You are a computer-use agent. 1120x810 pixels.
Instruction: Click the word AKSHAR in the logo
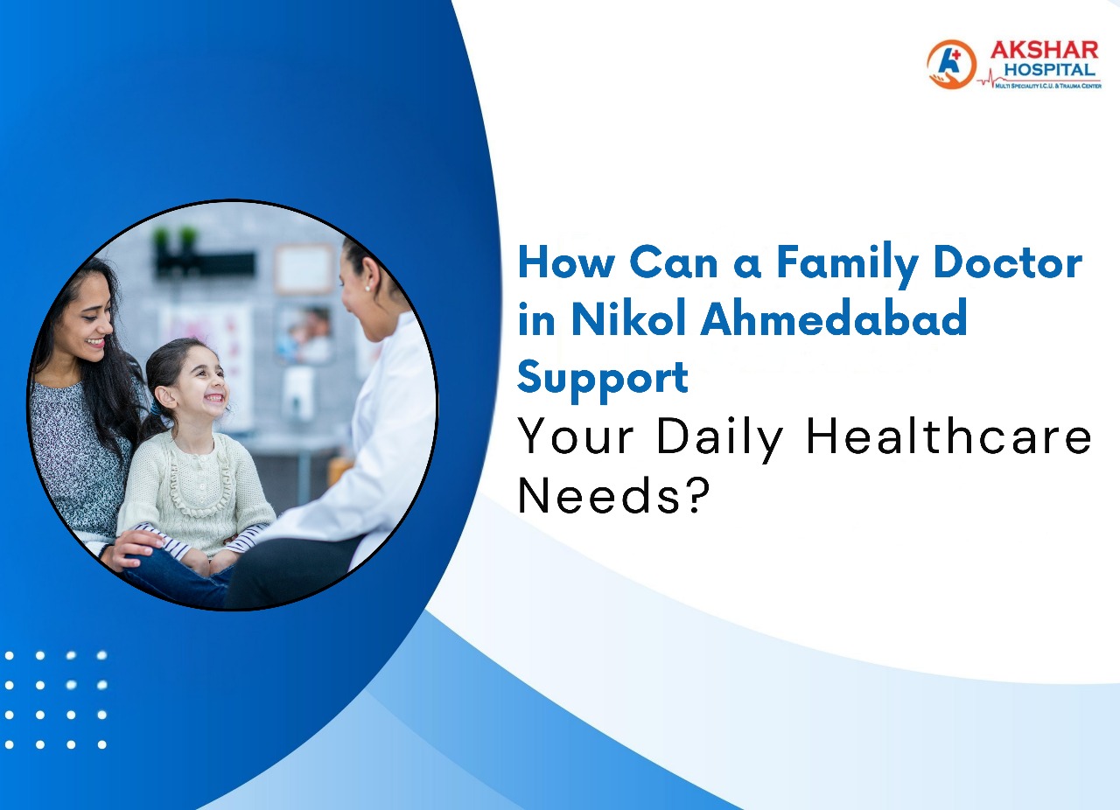[1043, 50]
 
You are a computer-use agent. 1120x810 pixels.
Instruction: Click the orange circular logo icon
[950, 64]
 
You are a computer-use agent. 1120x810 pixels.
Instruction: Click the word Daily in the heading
[719, 437]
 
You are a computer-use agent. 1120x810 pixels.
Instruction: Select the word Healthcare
[948, 436]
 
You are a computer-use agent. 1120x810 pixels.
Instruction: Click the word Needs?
[612, 496]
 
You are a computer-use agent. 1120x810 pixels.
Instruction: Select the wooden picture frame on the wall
[304, 268]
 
